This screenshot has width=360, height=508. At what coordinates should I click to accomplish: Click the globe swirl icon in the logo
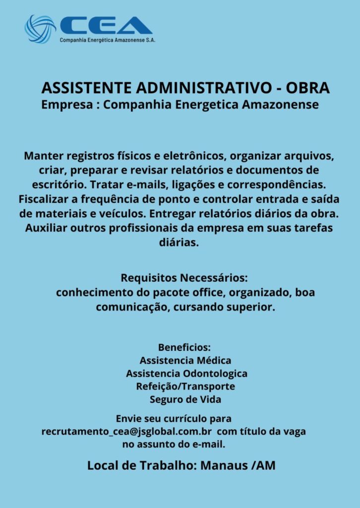(40, 29)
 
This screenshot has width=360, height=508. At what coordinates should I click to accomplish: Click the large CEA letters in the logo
(106, 26)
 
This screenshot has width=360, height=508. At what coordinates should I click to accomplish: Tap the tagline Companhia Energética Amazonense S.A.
(107, 40)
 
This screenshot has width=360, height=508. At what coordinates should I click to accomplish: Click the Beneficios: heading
(184, 347)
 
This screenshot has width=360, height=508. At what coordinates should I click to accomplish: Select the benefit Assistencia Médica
(185, 360)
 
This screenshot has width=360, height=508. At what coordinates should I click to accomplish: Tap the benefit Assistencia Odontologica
(186, 373)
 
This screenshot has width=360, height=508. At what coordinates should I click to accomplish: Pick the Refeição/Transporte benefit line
(185, 386)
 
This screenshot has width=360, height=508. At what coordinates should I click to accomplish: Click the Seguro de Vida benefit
(185, 399)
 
